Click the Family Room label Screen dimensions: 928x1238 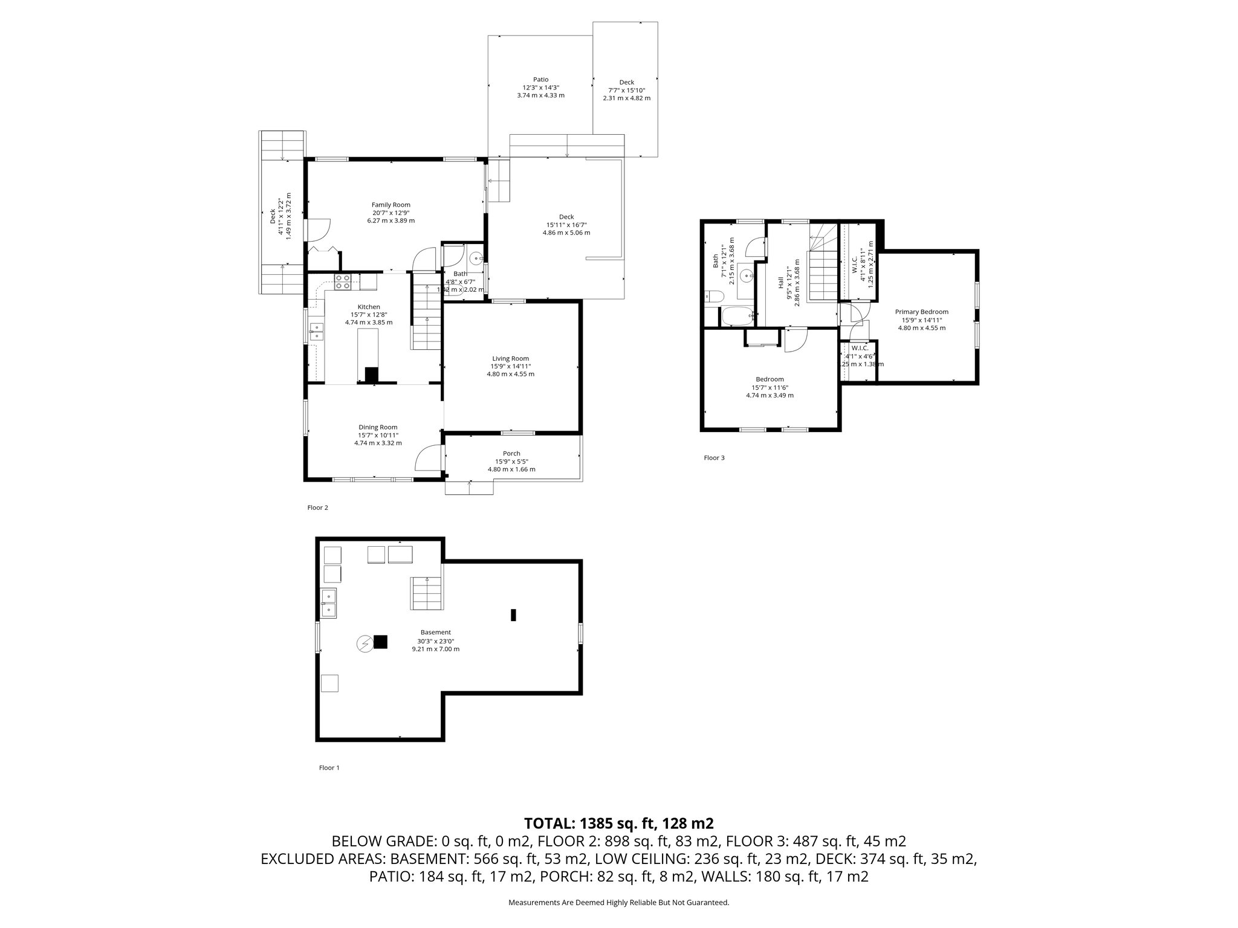coord(391,205)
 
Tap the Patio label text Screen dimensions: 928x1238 coord(540,79)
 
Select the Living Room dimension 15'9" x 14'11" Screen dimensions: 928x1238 coord(510,366)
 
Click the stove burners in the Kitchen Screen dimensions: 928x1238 coord(343,282)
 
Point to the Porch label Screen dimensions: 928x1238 coord(511,454)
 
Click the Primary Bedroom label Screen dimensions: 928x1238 coord(921,312)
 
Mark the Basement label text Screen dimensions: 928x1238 coord(435,633)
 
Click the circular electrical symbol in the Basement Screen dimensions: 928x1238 coord(364,644)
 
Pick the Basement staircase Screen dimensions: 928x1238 coord(427,593)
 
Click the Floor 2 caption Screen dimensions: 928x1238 coord(317,507)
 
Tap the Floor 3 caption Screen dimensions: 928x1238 coord(714,457)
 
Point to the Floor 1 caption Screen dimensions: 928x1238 coord(329,767)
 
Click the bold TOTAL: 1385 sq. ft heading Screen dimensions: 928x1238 coord(618,823)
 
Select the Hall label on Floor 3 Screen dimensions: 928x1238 coord(781,282)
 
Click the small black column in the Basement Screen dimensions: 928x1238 coord(513,615)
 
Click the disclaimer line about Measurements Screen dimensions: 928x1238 coord(618,902)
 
